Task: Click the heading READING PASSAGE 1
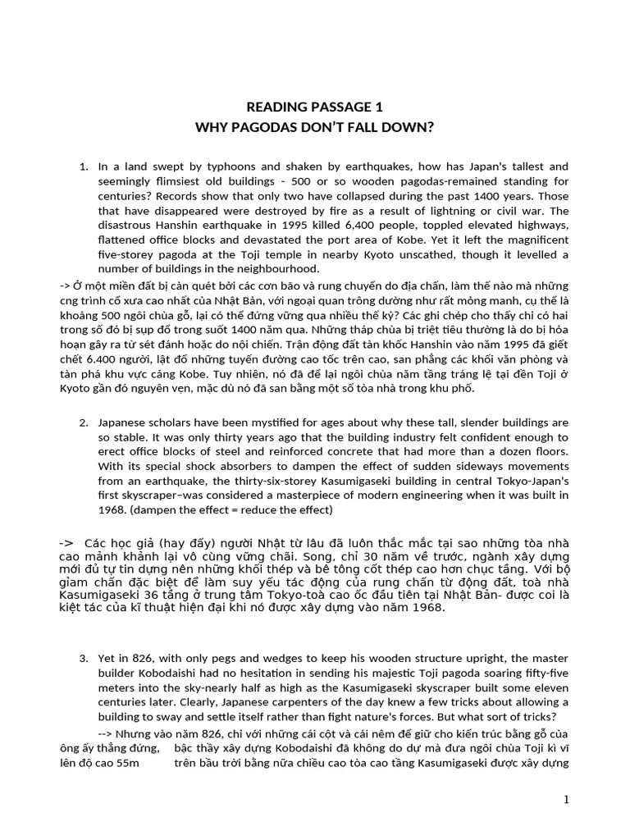[315, 107]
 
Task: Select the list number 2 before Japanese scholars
[84, 422]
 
